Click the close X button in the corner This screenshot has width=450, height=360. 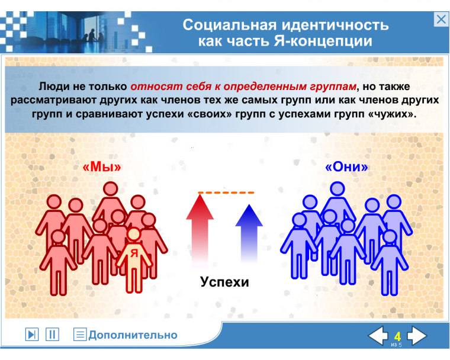pos(441,20)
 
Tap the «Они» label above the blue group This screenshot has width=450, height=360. pos(347,167)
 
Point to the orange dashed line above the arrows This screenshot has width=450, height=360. pos(226,192)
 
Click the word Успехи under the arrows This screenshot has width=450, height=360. pos(224,282)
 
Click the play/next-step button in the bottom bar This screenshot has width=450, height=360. pos(32,335)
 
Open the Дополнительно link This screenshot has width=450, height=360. pos(133,335)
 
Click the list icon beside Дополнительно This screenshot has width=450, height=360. pos(80,335)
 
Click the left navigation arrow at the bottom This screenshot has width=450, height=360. pos(378,336)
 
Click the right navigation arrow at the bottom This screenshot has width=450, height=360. pos(416,336)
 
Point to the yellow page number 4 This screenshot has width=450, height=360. pos(397,336)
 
